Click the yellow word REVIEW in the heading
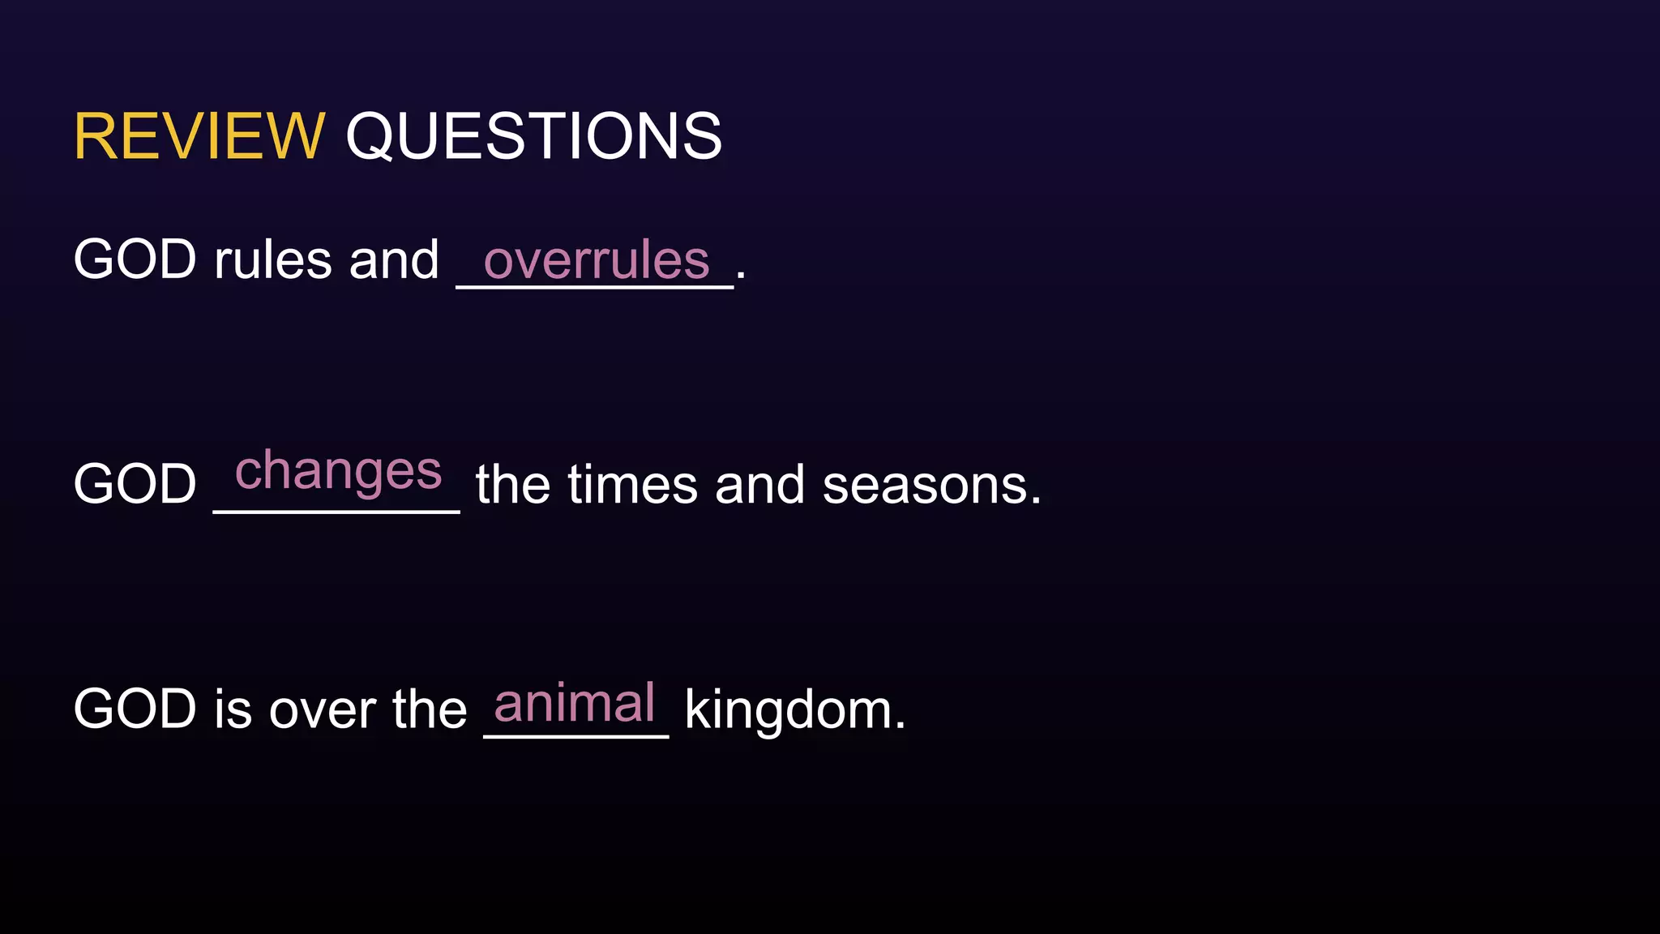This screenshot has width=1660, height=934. (199, 136)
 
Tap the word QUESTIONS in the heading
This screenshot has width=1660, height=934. (533, 136)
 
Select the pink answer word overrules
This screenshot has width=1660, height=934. (597, 260)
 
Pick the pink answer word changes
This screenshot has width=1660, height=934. (338, 471)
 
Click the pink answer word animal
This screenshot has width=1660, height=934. (574, 703)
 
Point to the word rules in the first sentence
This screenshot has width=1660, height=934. (273, 260)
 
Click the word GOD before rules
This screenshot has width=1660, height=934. (135, 260)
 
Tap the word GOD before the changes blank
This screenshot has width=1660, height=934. (135, 485)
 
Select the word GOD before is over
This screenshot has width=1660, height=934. (135, 709)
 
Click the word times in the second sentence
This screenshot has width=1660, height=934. (632, 485)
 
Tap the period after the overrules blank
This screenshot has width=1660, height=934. (741, 276)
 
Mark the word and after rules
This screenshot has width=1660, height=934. (394, 260)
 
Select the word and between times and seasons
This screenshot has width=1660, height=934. (759, 485)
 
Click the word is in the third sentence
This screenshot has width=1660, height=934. (233, 709)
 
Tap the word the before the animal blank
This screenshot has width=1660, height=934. (430, 709)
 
